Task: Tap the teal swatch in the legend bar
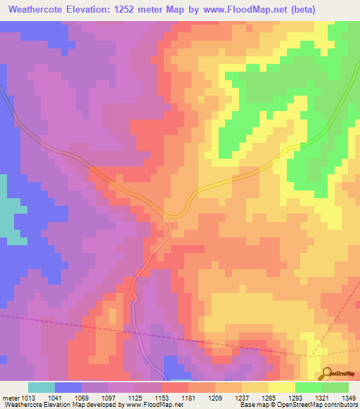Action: point(41,387)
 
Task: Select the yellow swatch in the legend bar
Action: point(281,387)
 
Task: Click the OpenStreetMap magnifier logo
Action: point(326,372)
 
